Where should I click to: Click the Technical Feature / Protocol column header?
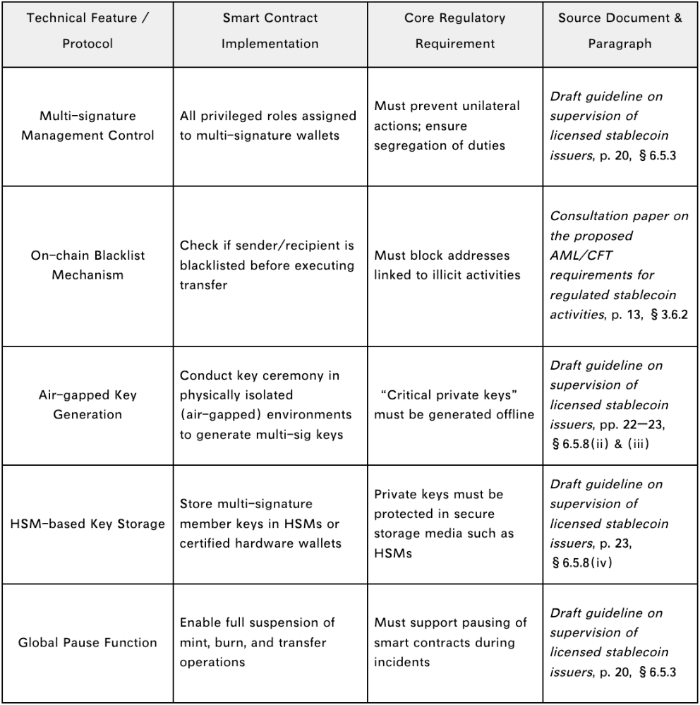87,31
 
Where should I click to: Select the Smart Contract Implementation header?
270,31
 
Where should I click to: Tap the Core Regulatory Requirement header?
454,31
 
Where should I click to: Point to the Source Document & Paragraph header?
620,31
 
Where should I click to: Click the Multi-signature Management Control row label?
87,126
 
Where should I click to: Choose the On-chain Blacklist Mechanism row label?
87,265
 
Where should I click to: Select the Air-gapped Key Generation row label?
87,404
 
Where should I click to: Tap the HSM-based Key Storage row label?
87,524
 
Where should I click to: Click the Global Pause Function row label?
87,642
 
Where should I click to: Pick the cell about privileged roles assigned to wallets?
270,126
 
